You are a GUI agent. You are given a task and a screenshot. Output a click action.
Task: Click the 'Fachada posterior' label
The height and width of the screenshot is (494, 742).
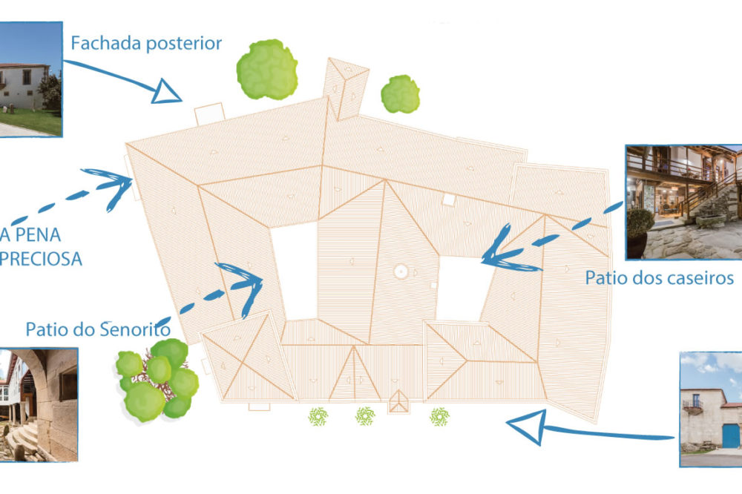point(146,43)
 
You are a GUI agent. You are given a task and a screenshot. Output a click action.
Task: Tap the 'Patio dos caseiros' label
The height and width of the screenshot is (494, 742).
point(659,278)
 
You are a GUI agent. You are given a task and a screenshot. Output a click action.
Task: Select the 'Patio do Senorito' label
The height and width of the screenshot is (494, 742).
point(99,328)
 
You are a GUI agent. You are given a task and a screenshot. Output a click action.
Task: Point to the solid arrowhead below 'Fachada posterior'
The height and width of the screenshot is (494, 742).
point(166,93)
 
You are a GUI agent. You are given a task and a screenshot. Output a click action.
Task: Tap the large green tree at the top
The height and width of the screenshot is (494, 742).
point(267,70)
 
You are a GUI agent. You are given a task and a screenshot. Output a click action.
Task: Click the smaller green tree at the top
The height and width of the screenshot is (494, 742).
point(400,93)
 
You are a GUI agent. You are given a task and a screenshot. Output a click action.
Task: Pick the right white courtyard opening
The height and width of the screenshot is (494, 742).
point(461,288)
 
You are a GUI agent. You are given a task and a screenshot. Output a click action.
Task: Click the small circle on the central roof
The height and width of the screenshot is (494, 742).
point(400,271)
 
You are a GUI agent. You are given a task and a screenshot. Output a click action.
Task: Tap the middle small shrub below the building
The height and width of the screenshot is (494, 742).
point(364,416)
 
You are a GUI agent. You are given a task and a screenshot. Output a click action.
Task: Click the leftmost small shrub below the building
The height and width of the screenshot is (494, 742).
point(318,417)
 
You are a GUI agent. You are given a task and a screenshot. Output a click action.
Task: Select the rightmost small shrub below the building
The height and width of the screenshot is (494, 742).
point(439,416)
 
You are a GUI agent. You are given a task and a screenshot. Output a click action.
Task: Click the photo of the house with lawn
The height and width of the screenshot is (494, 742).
point(30,79)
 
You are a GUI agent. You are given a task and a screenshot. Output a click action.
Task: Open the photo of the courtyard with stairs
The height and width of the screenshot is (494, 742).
point(683,202)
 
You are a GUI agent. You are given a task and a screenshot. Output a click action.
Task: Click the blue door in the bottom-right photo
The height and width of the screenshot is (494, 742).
point(731,435)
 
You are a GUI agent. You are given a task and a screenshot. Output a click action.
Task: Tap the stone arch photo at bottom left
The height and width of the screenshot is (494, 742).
point(37,404)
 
